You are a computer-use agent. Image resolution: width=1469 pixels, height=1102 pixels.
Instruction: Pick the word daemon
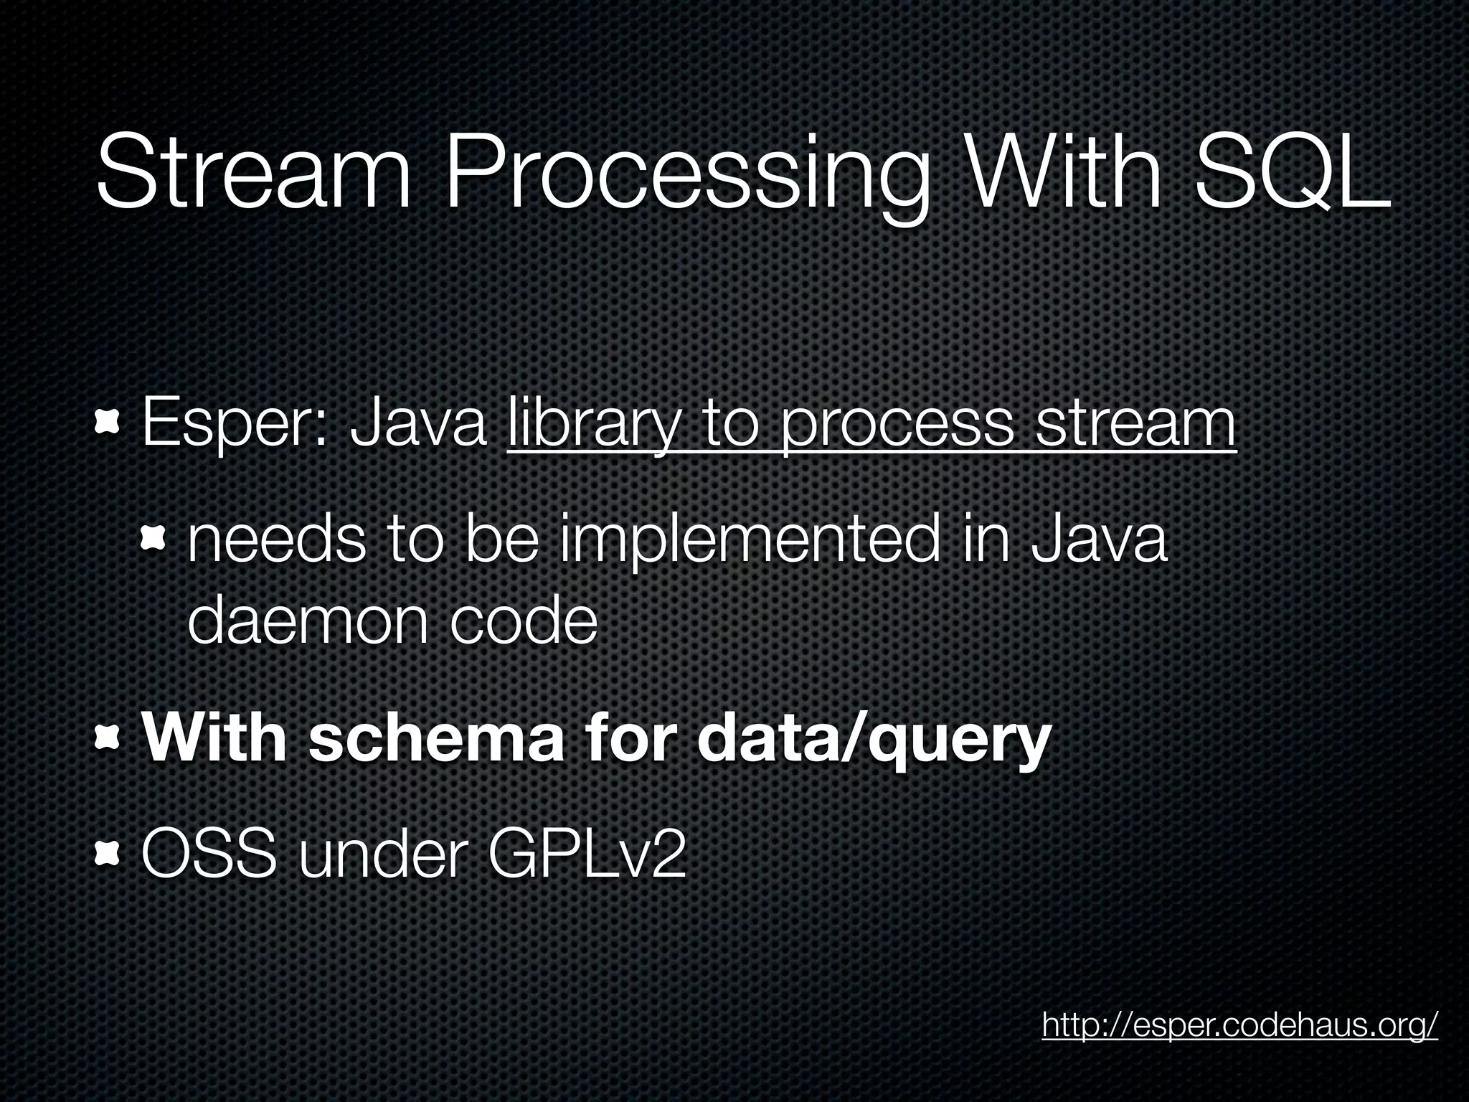pos(309,621)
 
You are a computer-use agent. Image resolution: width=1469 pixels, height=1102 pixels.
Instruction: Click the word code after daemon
pos(524,621)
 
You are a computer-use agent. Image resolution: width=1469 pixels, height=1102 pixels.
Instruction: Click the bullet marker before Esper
pos(108,425)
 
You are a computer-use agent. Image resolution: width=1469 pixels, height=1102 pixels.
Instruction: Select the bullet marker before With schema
pos(108,738)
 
